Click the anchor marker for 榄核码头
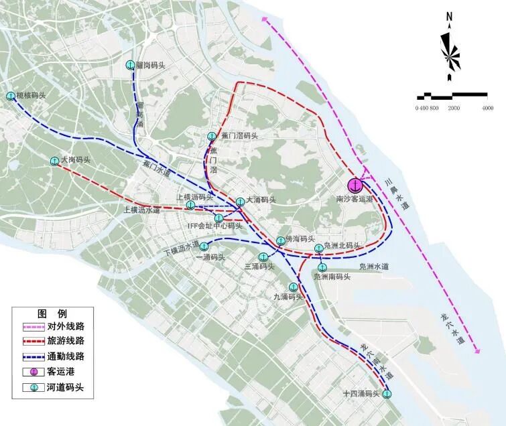click(11, 96)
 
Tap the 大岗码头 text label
click(74, 161)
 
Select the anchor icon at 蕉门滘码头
click(212, 135)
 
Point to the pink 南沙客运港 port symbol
click(355, 185)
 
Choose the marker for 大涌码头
click(241, 201)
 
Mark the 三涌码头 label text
click(259, 267)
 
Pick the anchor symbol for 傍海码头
click(280, 241)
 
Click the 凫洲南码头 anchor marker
click(322, 267)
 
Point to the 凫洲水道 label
click(374, 267)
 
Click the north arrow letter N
click(450, 17)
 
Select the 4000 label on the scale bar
click(488, 109)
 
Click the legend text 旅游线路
click(66, 341)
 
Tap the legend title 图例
click(51, 313)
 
